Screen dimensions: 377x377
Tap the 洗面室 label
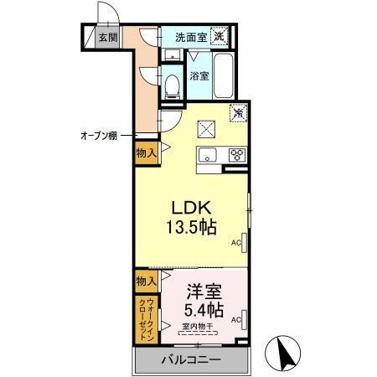(190, 37)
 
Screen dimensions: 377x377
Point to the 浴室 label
(199, 76)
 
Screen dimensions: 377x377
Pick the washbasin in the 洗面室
(172, 56)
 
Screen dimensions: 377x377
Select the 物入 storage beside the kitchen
(145, 152)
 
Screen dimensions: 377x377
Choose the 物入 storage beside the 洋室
(145, 280)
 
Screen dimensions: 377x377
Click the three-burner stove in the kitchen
(236, 154)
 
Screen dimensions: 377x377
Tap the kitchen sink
(208, 154)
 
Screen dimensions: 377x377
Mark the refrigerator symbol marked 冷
(238, 111)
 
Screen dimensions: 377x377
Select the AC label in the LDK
(236, 243)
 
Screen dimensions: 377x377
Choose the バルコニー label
(191, 361)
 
